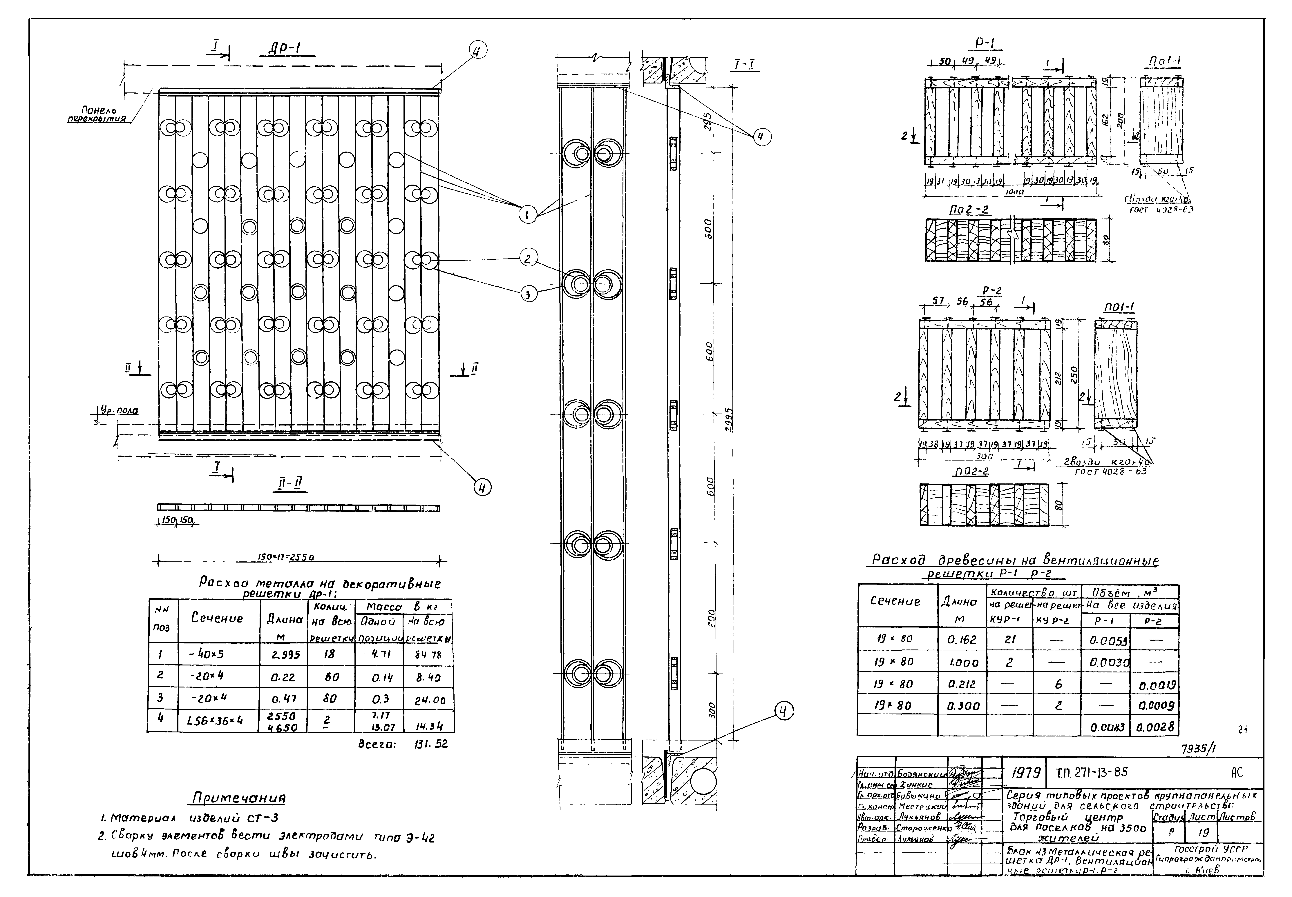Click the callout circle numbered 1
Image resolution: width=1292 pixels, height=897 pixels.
point(527,214)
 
